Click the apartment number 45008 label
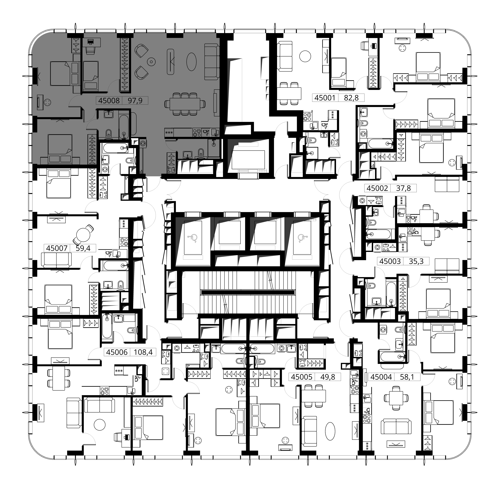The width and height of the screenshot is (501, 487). pyautogui.click(x=109, y=101)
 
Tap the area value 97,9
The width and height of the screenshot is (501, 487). pyautogui.click(x=135, y=101)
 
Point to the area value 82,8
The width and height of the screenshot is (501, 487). pyautogui.click(x=351, y=98)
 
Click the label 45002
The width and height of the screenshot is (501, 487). pyautogui.click(x=377, y=188)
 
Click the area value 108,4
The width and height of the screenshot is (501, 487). pyautogui.click(x=143, y=352)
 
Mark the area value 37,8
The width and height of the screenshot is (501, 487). pyautogui.click(x=403, y=188)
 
